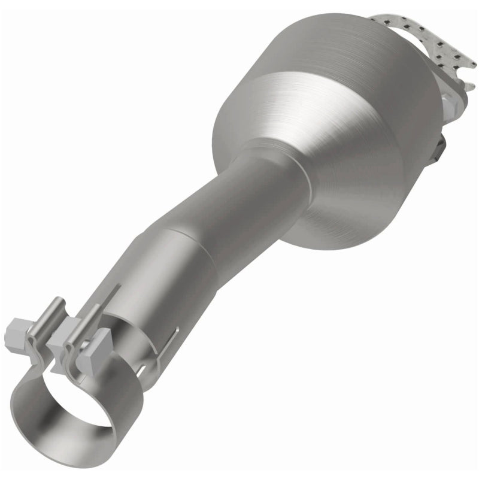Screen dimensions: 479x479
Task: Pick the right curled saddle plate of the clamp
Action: (x=77, y=350)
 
